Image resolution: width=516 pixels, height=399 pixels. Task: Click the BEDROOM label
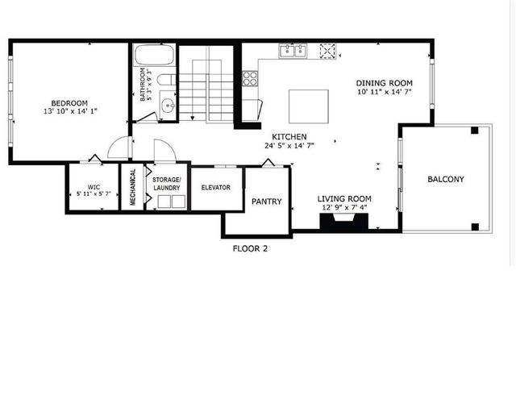click(69, 103)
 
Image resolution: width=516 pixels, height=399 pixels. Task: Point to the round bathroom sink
click(167, 104)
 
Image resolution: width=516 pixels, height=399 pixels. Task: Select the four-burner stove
click(251, 78)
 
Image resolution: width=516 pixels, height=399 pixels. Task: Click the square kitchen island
click(309, 105)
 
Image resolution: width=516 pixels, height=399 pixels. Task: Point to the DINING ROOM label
click(385, 83)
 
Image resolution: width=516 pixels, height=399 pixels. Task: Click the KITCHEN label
click(289, 137)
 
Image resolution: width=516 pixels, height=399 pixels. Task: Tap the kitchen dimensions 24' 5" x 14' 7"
click(289, 147)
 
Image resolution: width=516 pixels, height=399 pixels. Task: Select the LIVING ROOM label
click(343, 199)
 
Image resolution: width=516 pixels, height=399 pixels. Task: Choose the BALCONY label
click(446, 179)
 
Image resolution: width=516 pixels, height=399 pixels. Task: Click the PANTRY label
click(266, 202)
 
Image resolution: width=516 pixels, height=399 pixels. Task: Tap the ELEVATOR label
click(215, 188)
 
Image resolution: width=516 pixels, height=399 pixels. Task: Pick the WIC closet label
click(93, 187)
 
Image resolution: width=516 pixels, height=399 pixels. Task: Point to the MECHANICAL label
click(132, 187)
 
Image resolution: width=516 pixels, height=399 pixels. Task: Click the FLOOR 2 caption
click(250, 248)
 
